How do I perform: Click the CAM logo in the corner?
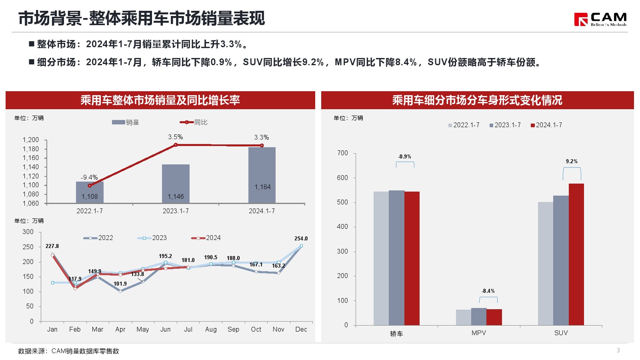(x=600, y=19)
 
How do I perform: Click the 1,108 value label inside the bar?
(x=90, y=196)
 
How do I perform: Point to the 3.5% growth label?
(x=175, y=137)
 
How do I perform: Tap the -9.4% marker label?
(x=89, y=177)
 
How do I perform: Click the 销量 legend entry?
(x=126, y=122)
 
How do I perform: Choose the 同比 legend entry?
(x=194, y=122)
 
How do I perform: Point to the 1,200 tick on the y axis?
(x=31, y=140)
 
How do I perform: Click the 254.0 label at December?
(x=301, y=238)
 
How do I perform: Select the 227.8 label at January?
(x=52, y=246)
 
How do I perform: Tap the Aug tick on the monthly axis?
(x=211, y=329)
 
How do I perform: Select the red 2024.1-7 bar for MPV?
(x=494, y=317)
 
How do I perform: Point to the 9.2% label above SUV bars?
(x=572, y=161)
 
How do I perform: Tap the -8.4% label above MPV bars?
(x=488, y=291)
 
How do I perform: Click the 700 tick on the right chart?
(x=342, y=153)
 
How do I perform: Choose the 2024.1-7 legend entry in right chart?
(x=546, y=125)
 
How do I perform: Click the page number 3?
(x=618, y=350)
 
